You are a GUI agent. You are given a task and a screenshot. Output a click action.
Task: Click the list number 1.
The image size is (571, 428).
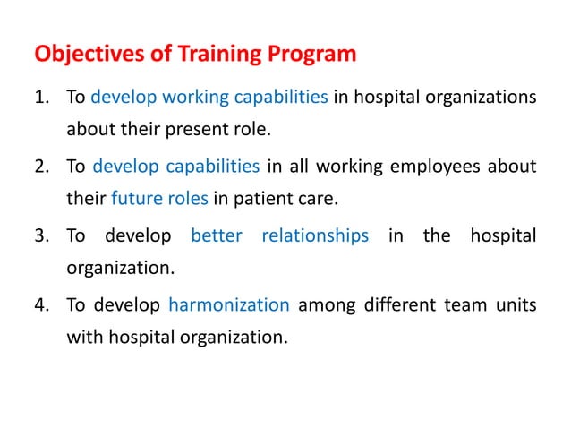(42, 97)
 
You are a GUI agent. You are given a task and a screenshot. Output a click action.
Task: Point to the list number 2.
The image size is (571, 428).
(42, 166)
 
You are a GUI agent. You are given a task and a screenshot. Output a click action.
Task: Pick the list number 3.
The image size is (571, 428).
(42, 235)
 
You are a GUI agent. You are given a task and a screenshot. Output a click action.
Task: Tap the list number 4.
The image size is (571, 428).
(42, 305)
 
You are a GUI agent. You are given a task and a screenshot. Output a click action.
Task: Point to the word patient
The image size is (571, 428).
(277, 201)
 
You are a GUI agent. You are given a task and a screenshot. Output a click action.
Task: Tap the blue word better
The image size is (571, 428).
(216, 235)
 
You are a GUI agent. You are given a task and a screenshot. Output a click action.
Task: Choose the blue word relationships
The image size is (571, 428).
(314, 235)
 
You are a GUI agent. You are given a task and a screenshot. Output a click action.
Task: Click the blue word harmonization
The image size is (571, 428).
(228, 305)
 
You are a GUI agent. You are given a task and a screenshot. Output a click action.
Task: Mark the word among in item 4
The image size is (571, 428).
(327, 305)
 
